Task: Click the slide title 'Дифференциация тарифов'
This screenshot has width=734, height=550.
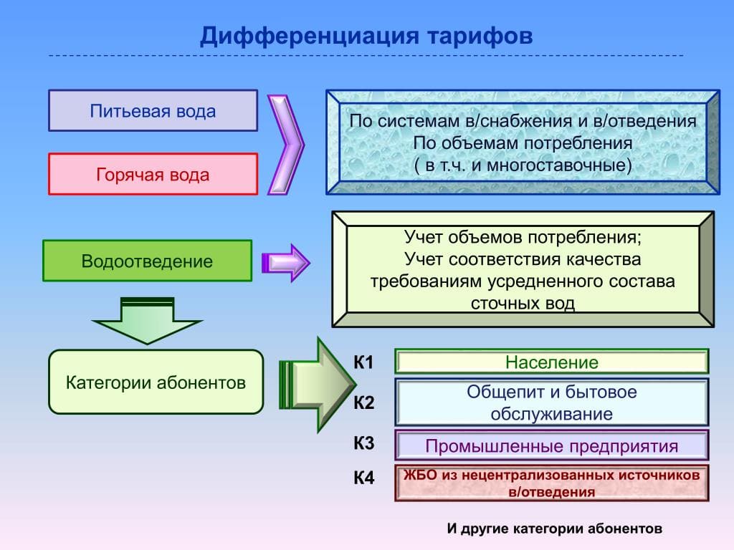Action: click(366, 36)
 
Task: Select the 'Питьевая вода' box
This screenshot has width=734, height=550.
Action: click(153, 111)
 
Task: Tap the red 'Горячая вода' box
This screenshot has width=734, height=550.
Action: click(153, 175)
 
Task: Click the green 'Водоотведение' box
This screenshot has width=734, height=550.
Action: click(147, 261)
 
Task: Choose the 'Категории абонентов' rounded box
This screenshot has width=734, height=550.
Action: click(156, 382)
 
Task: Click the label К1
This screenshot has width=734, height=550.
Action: click(363, 362)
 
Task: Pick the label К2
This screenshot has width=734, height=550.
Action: click(363, 403)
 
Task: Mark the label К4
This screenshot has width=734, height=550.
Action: click(363, 478)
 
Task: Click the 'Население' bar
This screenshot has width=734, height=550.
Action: click(551, 362)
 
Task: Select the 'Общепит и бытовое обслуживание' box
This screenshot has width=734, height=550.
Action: click(551, 402)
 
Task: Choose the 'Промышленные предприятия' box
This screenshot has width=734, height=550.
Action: click(551, 446)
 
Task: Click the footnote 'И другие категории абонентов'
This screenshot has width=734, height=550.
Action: click(554, 529)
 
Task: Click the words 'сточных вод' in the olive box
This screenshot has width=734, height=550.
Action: click(523, 303)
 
